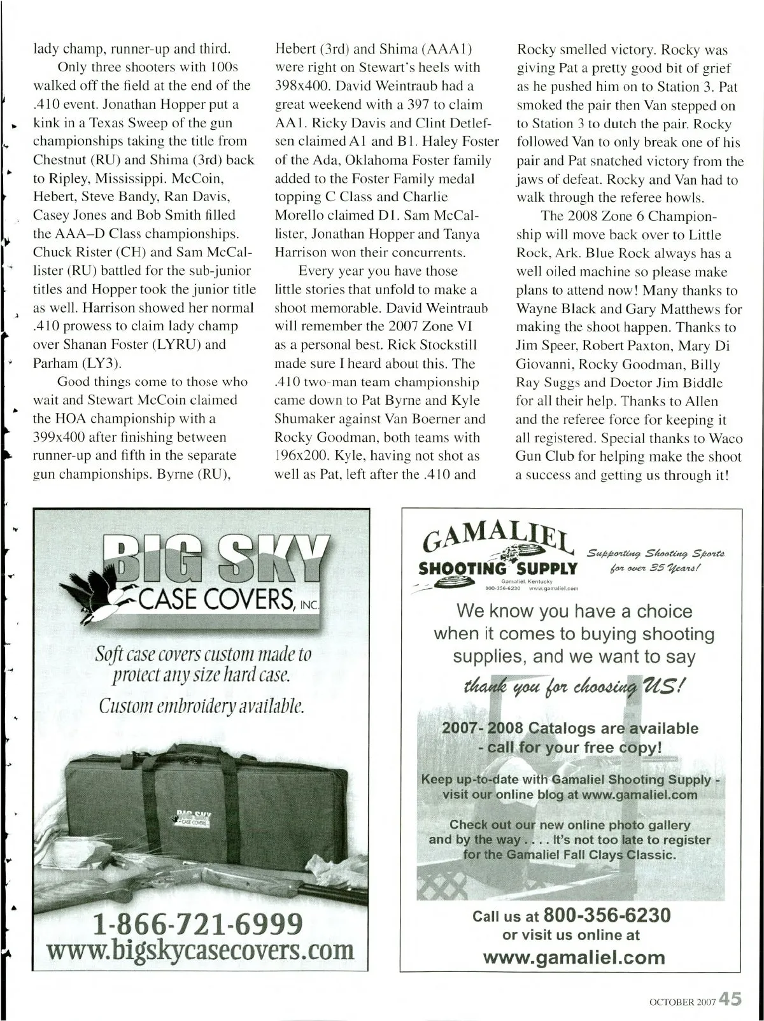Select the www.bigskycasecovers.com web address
202,950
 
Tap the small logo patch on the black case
193,817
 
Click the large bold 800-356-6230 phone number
607,915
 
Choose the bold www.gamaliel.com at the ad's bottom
574,957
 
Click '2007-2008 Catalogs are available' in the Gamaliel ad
570,728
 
